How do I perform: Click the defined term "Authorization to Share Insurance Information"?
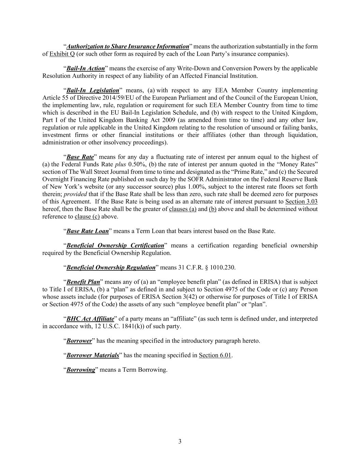(x=128, y=46)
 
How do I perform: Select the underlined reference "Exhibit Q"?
(x=62, y=54)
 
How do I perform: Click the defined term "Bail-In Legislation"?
(x=93, y=90)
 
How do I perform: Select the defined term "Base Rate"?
(x=80, y=157)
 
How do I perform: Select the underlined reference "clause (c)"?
(x=87, y=216)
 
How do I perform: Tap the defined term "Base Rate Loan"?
(x=87, y=231)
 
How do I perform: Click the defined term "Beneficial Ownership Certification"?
(x=115, y=245)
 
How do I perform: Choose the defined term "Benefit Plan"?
(x=83, y=282)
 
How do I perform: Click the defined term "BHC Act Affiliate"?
(x=90, y=319)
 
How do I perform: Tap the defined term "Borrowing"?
(x=81, y=370)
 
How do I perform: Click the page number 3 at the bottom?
(x=180, y=441)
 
